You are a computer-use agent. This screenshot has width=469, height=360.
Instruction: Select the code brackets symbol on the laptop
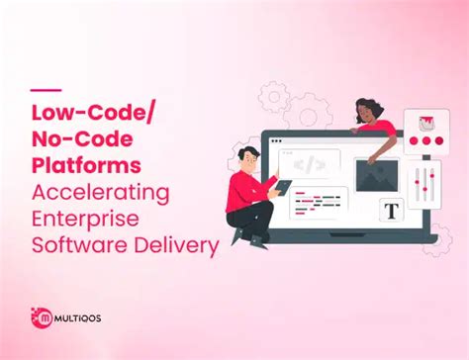coord(310,161)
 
